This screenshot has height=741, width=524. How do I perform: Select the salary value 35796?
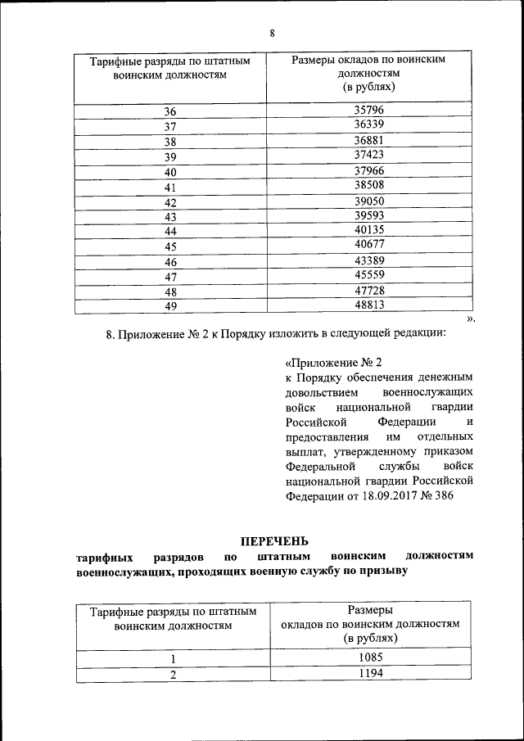[x=369, y=110]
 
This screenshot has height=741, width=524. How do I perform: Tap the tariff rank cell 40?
[x=170, y=173]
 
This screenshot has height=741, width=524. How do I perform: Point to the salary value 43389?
[x=369, y=260]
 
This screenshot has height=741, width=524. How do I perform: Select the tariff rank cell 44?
[x=170, y=232]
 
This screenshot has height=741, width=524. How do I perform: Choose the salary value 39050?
[x=369, y=201]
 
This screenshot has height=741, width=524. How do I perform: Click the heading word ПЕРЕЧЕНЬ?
[x=274, y=540]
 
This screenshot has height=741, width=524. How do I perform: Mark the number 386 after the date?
[x=441, y=495]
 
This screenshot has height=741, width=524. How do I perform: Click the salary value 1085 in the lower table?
[x=369, y=657]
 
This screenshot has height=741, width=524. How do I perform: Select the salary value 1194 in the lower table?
[x=369, y=673]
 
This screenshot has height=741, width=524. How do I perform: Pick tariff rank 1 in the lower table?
[x=173, y=659]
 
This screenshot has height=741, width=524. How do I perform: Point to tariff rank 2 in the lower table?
[x=173, y=675]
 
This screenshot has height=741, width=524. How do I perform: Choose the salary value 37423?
[x=369, y=155]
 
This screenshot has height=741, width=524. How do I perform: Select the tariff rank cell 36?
[x=170, y=112]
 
